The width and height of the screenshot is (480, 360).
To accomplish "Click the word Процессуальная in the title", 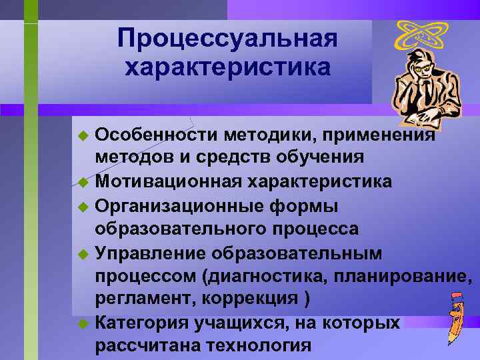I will [227, 39].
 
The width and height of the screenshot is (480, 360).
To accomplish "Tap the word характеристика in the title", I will [227, 67].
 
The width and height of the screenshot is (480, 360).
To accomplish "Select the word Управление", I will [149, 253].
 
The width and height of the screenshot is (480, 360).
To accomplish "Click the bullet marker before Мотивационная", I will [83, 182].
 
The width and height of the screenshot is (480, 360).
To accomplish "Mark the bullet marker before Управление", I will [83, 254].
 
